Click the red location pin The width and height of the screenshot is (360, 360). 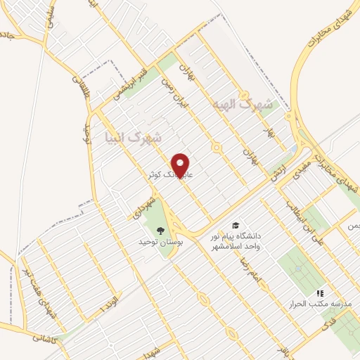click(x=181, y=165)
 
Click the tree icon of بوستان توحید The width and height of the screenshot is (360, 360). click(x=160, y=229)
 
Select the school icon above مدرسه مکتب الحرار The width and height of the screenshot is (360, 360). click(x=320, y=292)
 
